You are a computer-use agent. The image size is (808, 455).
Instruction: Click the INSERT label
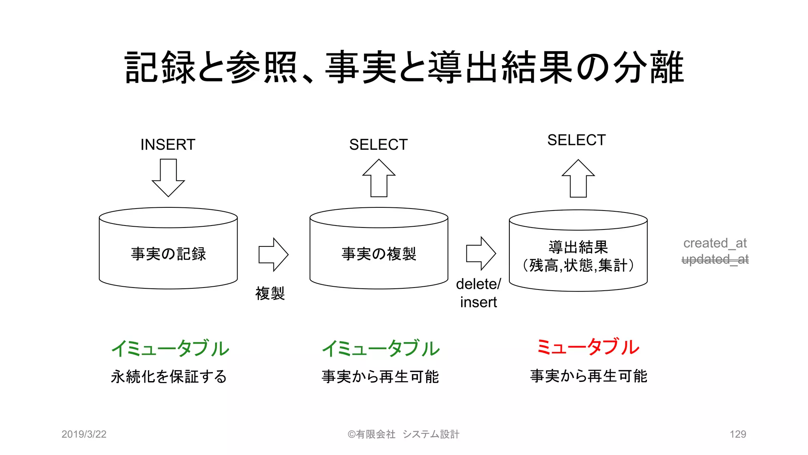[x=168, y=145]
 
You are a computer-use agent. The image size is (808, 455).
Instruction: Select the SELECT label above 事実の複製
[x=378, y=145]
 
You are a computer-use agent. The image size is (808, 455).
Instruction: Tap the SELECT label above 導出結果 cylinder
[x=576, y=140]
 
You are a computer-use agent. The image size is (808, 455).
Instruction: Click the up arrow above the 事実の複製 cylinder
[x=379, y=178]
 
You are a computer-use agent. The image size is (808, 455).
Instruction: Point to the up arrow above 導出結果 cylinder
[x=578, y=179]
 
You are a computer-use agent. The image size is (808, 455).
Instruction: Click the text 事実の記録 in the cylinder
[x=168, y=254]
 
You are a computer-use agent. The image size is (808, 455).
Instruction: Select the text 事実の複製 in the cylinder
[x=379, y=254]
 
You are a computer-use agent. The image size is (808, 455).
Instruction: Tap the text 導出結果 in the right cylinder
[x=578, y=247]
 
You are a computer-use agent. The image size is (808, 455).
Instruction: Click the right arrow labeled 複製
[x=273, y=255]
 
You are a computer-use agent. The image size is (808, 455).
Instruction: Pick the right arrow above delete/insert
[x=481, y=254]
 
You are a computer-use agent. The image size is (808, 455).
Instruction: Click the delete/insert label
[x=478, y=293]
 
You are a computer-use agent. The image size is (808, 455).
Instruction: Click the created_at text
[x=714, y=243]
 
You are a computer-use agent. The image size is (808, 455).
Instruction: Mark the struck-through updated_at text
[x=714, y=259]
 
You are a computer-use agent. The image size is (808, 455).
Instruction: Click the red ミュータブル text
[x=587, y=347]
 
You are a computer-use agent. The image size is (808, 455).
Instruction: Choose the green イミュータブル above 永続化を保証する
[x=170, y=348]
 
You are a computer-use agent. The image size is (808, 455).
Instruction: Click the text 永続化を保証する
[x=168, y=376]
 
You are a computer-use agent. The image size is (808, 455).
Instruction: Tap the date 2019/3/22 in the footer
[x=84, y=434]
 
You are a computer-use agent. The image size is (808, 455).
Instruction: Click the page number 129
[x=737, y=434]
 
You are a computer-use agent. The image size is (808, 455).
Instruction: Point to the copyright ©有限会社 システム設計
[x=403, y=434]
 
